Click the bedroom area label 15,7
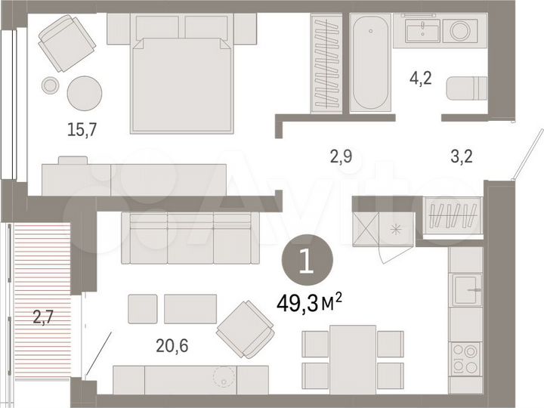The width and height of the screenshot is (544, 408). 82,129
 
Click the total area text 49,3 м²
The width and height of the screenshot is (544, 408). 308,304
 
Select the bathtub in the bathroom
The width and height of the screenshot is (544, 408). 370,63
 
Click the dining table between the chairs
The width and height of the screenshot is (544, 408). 352,358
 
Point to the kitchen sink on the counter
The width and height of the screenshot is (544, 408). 465,290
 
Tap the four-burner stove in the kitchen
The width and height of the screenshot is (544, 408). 465,357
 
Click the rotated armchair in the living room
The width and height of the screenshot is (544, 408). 245,329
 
